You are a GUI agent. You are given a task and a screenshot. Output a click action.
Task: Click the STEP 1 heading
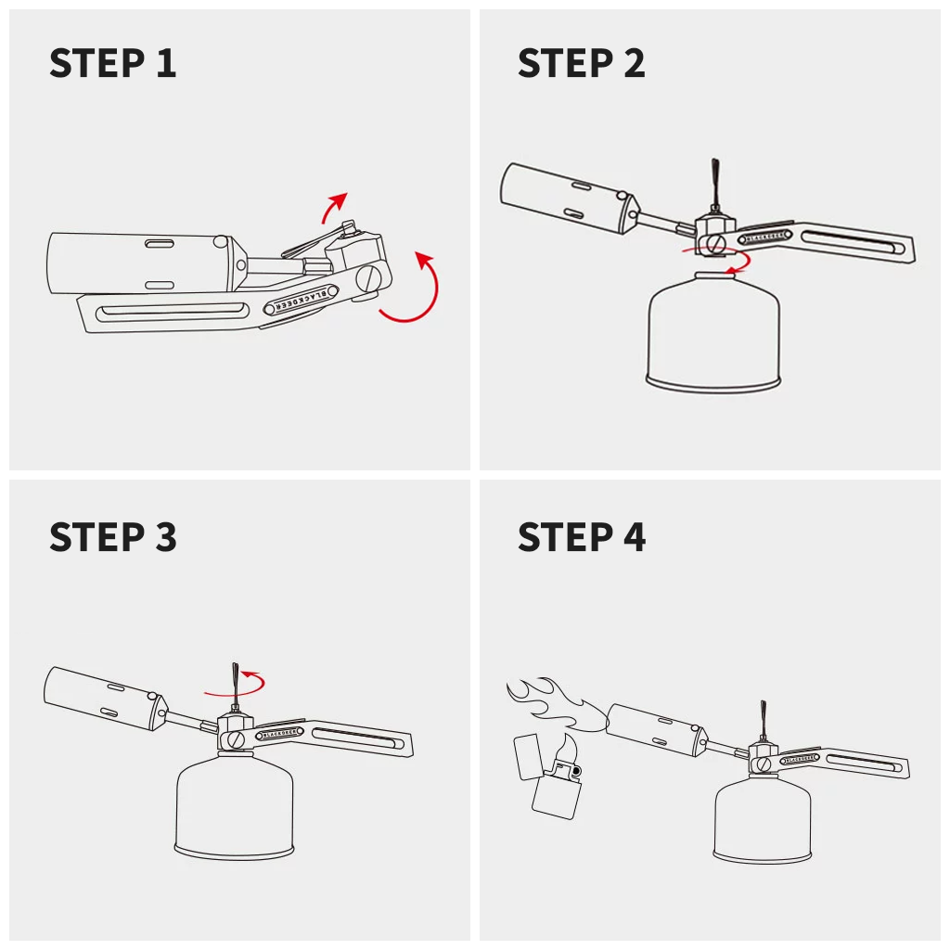pos(112,63)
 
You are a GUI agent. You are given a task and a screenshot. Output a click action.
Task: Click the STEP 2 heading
pos(581,63)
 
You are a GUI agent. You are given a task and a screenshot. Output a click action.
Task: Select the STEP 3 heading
pos(112,537)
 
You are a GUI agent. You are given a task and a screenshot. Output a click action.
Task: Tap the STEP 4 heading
pos(581,537)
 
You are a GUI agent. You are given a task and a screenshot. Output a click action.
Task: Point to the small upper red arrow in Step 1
pos(335,206)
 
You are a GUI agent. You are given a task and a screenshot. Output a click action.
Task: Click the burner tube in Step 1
pos(139,263)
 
